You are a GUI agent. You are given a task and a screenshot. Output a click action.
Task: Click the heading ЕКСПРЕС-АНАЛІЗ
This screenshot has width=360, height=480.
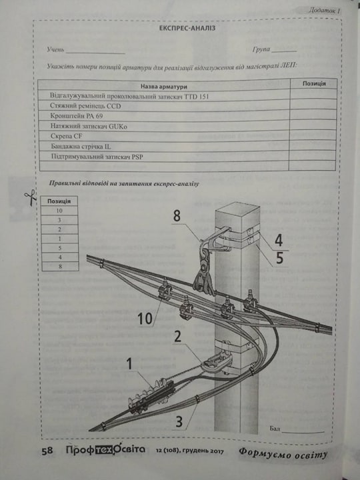[x=187, y=29]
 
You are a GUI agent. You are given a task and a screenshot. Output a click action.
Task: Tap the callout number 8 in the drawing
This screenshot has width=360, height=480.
[x=177, y=216]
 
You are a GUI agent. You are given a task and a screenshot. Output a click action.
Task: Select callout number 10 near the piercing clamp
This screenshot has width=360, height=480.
[x=145, y=319]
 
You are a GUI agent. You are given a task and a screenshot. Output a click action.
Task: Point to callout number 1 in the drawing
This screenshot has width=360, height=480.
[x=129, y=364]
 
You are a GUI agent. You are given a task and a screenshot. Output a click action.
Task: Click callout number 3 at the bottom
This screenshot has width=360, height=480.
[x=179, y=421]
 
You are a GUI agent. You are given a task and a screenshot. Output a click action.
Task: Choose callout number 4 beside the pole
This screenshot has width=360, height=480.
[x=279, y=240]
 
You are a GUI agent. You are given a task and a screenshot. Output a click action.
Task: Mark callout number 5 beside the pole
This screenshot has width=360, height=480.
[x=279, y=258]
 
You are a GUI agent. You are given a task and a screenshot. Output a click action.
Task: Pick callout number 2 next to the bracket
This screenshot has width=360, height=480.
[x=177, y=337]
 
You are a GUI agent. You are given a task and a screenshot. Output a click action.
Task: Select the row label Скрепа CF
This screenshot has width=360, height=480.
[x=67, y=136]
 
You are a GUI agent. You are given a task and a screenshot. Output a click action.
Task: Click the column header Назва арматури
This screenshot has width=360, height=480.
[x=164, y=87]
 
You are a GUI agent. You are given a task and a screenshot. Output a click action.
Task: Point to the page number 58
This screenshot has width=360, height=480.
[x=47, y=451]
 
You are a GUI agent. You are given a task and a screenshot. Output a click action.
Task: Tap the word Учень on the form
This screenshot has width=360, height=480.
[x=55, y=49]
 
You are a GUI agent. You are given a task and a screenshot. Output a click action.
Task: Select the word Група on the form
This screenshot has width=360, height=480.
[x=261, y=49]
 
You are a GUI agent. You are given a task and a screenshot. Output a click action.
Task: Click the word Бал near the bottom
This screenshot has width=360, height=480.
[x=275, y=429]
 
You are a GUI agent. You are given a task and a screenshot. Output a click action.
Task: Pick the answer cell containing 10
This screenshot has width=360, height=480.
[x=59, y=211]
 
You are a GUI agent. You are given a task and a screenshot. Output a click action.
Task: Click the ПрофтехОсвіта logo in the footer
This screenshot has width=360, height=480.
[x=105, y=449]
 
